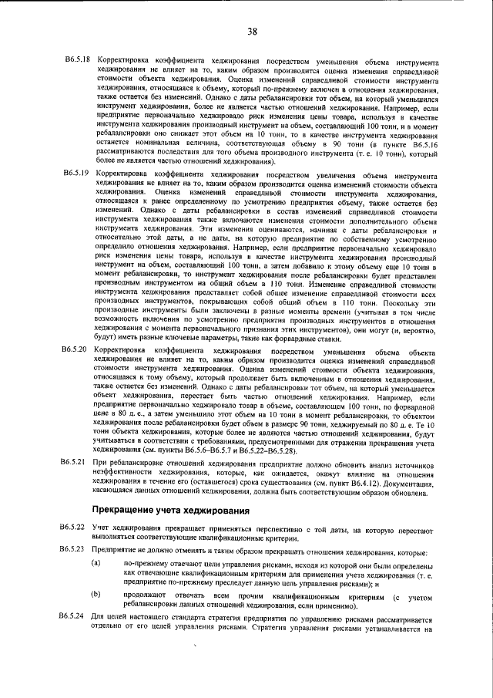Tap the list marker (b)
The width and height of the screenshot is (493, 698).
96,595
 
